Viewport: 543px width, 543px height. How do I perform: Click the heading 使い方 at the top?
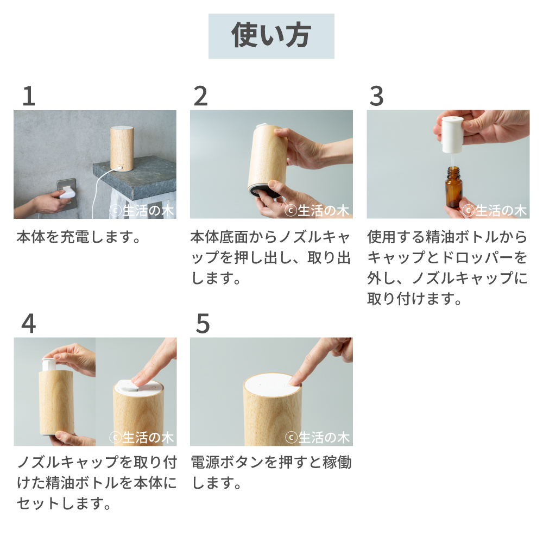(x=271, y=36)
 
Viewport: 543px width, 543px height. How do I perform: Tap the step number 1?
(x=29, y=96)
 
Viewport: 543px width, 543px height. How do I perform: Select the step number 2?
(x=201, y=96)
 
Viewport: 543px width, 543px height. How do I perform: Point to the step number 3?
(x=376, y=96)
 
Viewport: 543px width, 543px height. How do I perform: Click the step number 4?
(x=29, y=324)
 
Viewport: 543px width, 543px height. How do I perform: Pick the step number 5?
(x=203, y=324)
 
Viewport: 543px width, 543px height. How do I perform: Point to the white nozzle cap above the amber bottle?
(x=451, y=134)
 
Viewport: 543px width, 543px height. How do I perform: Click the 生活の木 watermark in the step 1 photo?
(x=142, y=211)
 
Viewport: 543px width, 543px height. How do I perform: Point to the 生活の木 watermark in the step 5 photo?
(x=318, y=437)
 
